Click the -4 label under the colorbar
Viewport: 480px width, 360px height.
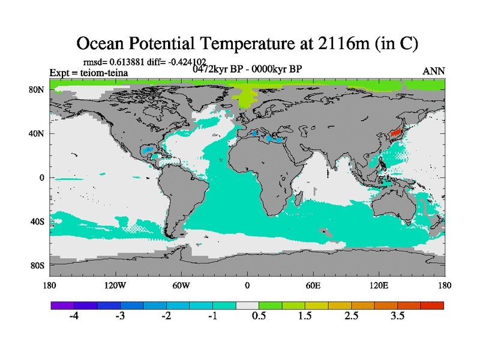point(74,316)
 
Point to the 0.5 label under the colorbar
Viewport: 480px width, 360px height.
point(259,316)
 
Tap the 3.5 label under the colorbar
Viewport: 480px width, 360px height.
point(398,316)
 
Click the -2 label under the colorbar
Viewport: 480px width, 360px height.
point(167,316)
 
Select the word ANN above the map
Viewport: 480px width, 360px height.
point(434,71)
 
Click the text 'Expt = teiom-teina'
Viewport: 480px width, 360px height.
point(88,73)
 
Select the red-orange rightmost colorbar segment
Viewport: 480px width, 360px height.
point(432,305)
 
